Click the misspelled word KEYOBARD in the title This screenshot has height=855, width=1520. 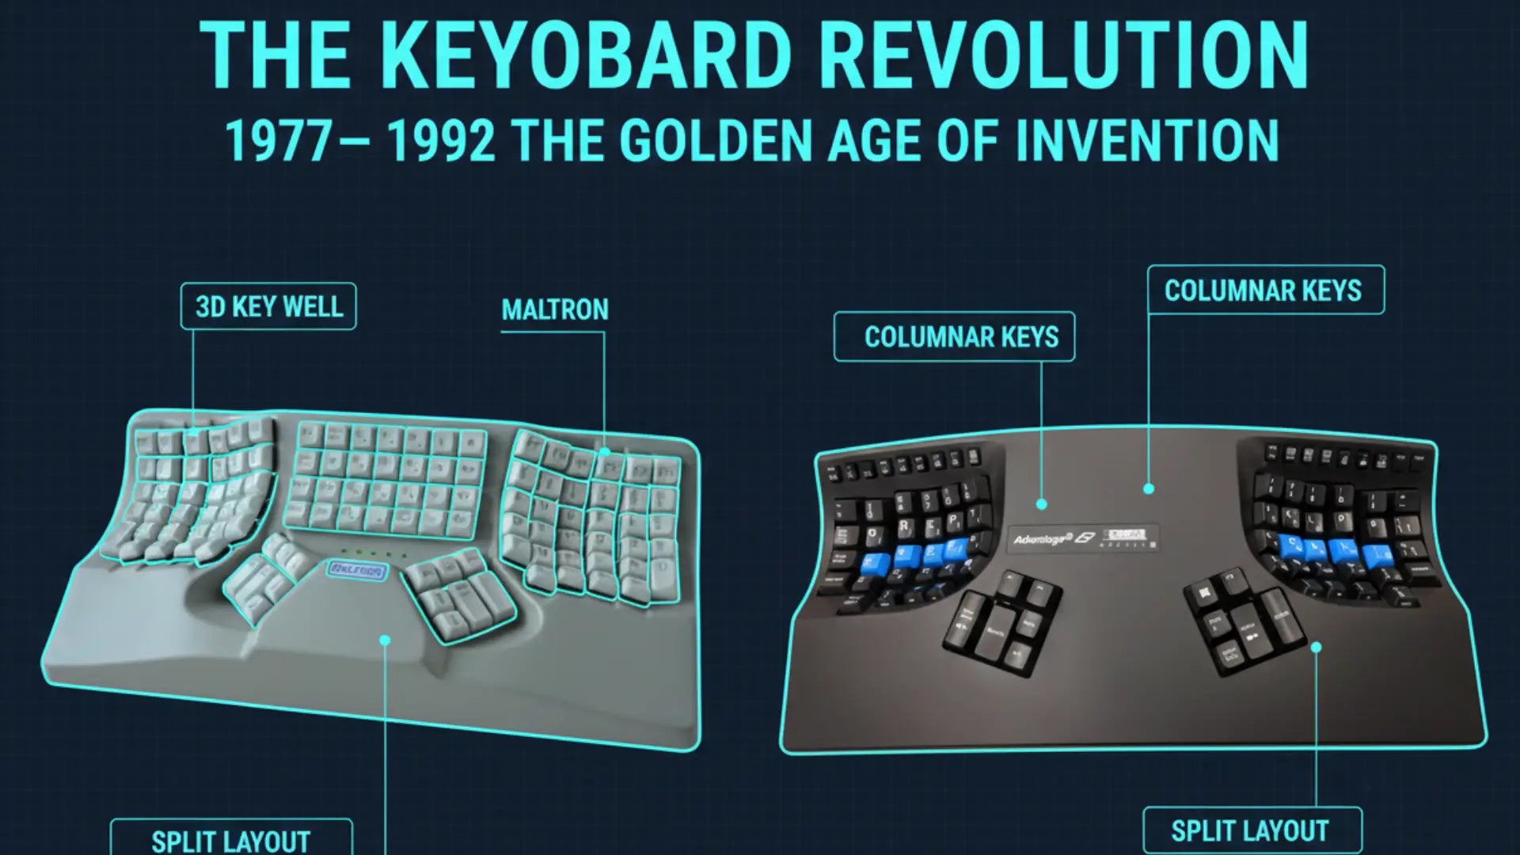point(589,55)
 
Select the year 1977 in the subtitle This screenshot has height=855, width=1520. point(279,141)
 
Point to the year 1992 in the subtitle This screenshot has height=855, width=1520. point(442,141)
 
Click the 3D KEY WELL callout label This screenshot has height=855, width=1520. point(268,306)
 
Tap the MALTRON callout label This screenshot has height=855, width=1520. point(555,310)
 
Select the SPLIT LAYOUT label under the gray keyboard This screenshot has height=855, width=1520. point(231,840)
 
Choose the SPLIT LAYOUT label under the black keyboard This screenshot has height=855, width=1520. point(1250,831)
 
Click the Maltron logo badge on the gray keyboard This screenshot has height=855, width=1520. point(357,570)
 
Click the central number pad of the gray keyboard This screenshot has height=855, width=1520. point(386,480)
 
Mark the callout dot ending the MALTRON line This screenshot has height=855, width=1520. point(605,452)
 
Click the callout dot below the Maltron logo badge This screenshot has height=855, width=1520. point(386,640)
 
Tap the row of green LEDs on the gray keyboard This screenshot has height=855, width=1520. point(372,553)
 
